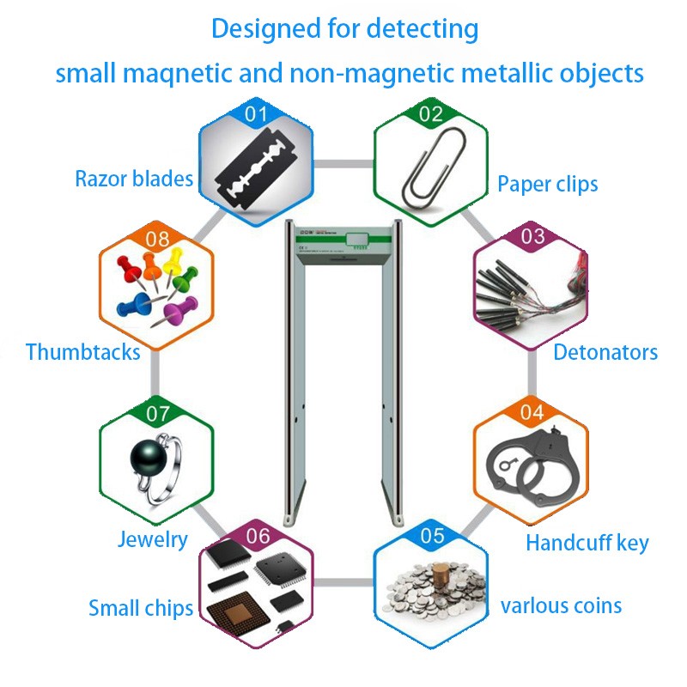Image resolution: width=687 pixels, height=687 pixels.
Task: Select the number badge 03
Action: click(533, 237)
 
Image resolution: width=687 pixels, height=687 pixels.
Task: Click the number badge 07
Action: click(158, 414)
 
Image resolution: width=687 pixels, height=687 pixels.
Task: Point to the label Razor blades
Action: click(133, 179)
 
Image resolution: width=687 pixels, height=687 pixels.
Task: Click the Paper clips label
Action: click(548, 184)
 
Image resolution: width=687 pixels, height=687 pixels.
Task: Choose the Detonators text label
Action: click(605, 352)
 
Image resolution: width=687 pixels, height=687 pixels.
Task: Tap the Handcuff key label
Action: click(587, 543)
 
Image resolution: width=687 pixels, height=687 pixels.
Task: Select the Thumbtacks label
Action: click(82, 352)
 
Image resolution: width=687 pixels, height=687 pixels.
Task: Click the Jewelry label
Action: click(152, 539)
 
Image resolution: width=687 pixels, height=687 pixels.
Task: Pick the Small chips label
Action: click(141, 609)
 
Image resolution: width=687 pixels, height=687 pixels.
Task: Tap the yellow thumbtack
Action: click(175, 258)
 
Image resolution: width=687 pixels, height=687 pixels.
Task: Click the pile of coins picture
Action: click(432, 591)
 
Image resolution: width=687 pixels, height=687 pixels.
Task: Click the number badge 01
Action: click(257, 112)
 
